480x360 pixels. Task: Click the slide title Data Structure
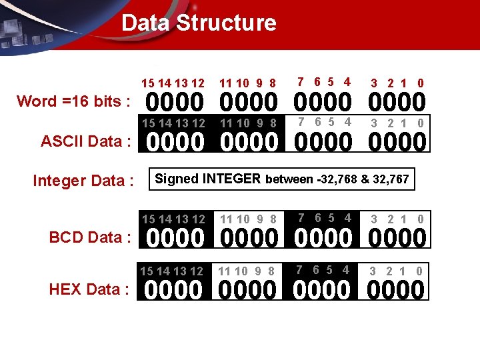(x=199, y=23)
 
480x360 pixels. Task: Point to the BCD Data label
(x=90, y=237)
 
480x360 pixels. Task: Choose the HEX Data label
(x=89, y=289)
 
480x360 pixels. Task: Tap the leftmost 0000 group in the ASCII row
(x=175, y=143)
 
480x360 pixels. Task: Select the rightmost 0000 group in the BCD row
(x=397, y=238)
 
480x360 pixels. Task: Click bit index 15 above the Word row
(x=148, y=83)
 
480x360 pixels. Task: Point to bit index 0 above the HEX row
(x=419, y=271)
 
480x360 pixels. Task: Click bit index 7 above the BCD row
(x=301, y=218)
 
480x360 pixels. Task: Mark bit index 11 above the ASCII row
(x=227, y=123)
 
